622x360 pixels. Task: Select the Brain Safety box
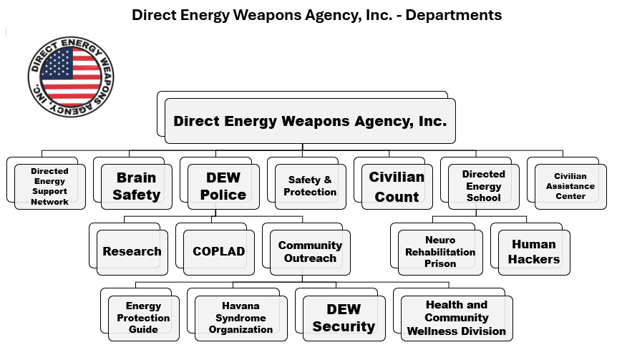(x=136, y=186)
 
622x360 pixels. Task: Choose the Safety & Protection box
(x=310, y=186)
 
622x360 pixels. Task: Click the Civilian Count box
(x=397, y=186)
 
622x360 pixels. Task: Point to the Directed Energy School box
(x=483, y=186)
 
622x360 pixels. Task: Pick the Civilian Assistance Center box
(x=570, y=186)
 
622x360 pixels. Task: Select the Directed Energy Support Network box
(x=49, y=186)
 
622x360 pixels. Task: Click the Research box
(x=132, y=252)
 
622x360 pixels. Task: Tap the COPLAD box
(x=218, y=252)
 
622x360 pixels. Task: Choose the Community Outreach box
(x=309, y=252)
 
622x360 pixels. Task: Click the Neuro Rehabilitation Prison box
(x=439, y=252)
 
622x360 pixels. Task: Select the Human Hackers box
(x=533, y=252)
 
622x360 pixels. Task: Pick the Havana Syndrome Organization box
(x=240, y=318)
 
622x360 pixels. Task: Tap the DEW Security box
(x=343, y=318)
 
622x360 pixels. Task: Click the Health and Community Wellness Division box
(x=456, y=318)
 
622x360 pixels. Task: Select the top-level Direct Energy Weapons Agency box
(x=309, y=121)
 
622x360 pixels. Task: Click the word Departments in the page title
(x=454, y=14)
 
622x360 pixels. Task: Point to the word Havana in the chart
(x=240, y=306)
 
